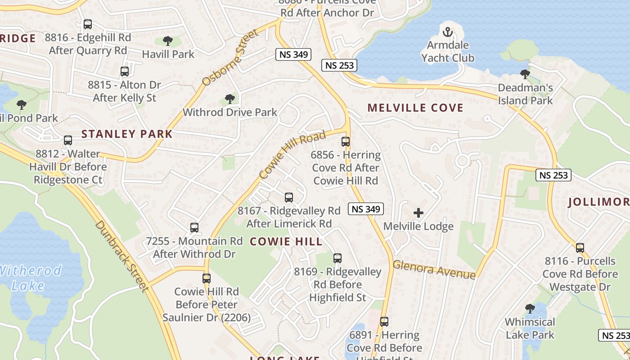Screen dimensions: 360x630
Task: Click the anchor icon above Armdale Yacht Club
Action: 447,32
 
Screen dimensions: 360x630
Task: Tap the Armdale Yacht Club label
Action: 447,51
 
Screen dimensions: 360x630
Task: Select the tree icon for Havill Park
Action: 168,41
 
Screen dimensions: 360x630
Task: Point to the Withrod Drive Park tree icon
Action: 230,99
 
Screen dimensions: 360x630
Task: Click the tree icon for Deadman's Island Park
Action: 525,74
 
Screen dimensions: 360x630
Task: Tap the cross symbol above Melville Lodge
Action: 418,213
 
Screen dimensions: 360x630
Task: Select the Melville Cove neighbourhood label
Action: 415,108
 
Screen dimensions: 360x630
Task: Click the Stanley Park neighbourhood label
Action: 127,134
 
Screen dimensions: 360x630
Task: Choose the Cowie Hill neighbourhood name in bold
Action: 286,242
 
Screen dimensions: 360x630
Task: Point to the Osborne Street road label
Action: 231,58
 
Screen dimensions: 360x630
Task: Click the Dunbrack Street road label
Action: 121,256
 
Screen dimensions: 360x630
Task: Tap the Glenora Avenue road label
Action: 434,270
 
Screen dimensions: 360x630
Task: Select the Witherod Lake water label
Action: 31,278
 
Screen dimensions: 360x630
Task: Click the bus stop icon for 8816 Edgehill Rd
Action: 88,24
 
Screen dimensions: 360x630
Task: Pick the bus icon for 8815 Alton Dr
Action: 125,72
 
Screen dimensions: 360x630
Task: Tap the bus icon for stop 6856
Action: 346,142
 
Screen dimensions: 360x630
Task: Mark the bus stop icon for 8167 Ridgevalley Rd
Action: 289,198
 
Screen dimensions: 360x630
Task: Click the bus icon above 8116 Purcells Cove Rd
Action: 580,247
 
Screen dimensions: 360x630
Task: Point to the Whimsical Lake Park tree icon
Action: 530,309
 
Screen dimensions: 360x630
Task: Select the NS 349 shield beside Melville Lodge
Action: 366,209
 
